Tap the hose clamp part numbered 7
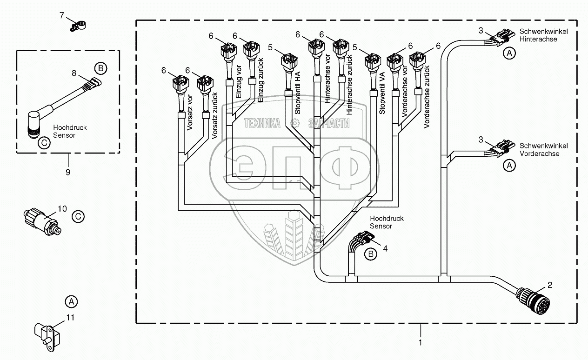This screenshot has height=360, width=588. (x=78, y=26)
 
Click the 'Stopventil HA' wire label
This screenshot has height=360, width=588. (x=297, y=93)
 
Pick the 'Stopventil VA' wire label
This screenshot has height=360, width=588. (x=382, y=93)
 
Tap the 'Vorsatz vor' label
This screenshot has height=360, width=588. (x=190, y=112)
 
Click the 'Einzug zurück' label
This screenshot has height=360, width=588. (x=260, y=80)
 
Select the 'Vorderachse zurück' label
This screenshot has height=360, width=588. (x=427, y=97)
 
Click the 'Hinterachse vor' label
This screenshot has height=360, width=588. (x=327, y=79)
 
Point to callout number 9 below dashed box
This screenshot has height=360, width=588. (x=68, y=173)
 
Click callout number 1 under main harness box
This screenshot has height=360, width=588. (x=420, y=342)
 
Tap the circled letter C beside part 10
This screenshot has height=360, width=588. (x=78, y=217)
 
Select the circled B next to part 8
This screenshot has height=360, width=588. (x=101, y=68)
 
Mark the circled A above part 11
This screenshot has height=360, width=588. (x=71, y=302)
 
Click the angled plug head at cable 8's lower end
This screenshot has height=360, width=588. (x=33, y=124)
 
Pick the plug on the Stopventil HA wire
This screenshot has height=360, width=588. (x=289, y=61)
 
